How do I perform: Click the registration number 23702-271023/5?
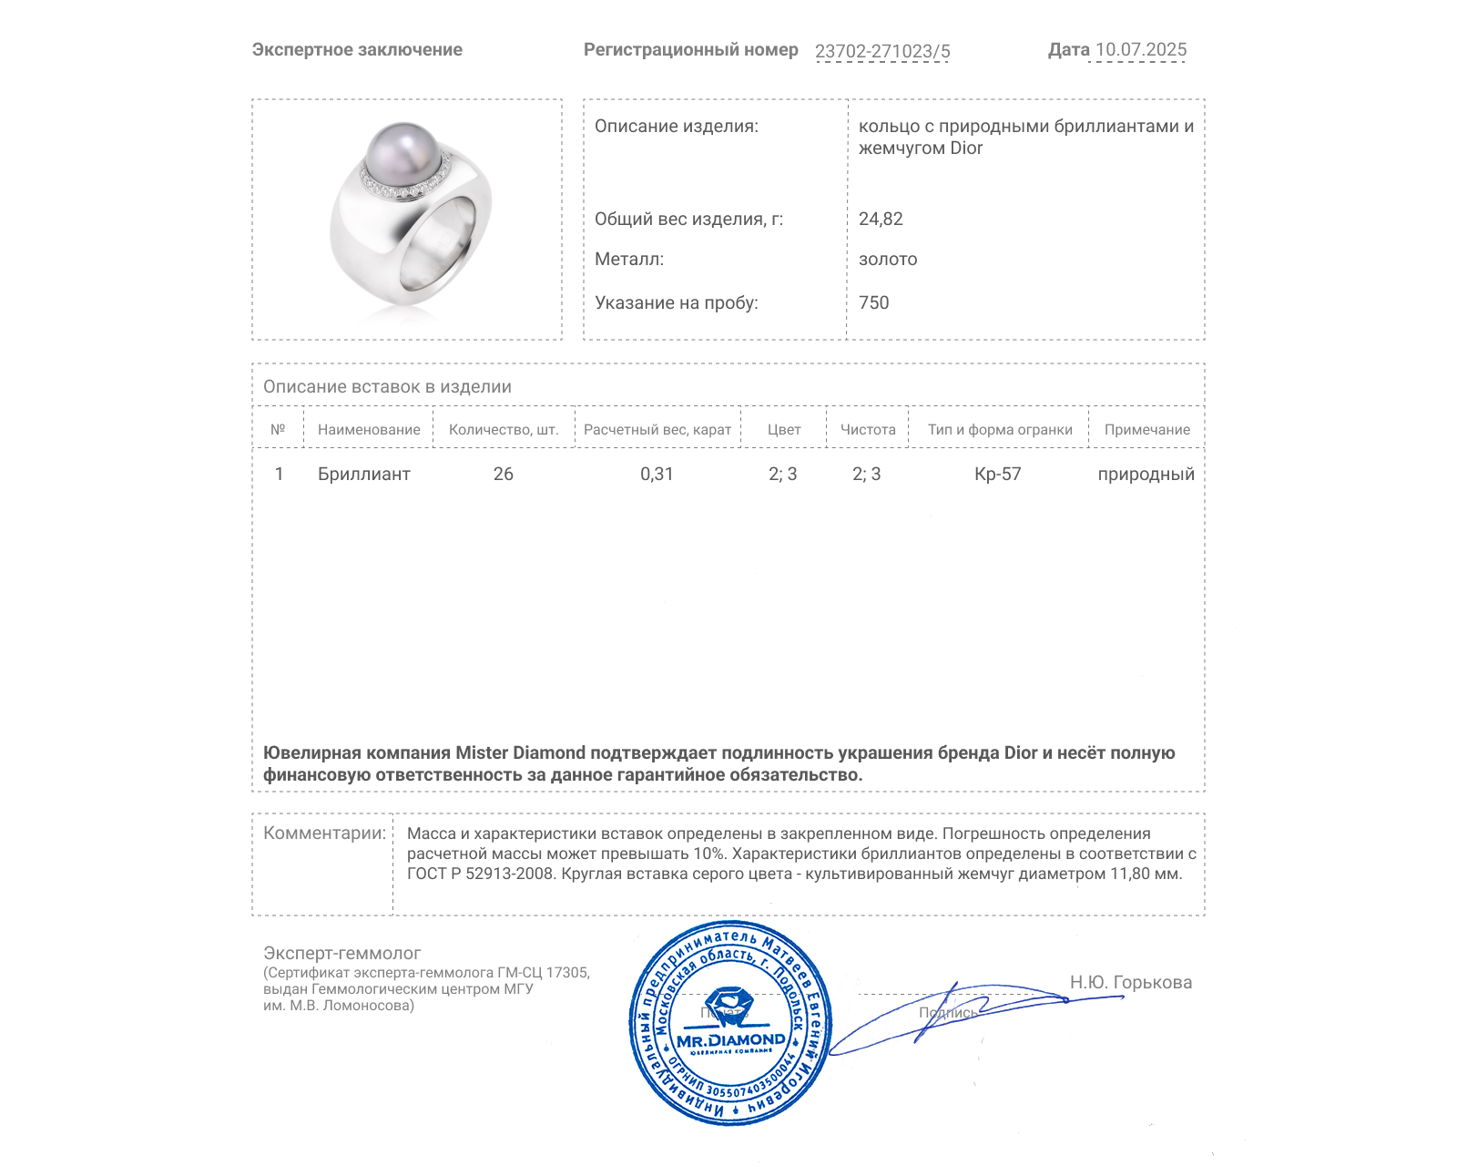coord(881,51)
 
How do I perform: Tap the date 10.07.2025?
coord(1140,50)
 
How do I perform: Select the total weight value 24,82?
coord(881,219)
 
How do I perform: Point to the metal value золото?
coord(888,260)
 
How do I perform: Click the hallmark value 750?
coord(873,302)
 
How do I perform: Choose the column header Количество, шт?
coord(504,430)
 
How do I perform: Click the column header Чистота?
coord(867,430)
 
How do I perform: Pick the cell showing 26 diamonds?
coord(503,474)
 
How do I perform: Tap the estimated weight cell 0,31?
coord(657,474)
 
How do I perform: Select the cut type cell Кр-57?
coord(997,474)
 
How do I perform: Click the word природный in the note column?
coord(1146,474)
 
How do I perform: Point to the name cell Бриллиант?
coord(363,474)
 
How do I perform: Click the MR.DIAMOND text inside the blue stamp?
coord(730,1040)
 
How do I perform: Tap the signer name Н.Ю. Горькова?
coord(1130,982)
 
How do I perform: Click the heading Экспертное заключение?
coord(357,50)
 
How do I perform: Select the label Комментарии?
coord(324,833)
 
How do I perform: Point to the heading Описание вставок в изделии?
coord(387,386)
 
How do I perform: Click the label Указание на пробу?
coord(676,302)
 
